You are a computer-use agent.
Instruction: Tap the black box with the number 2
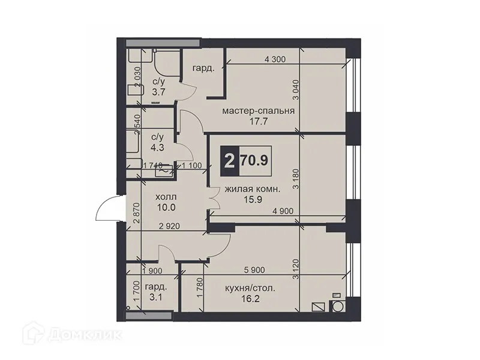click(229, 161)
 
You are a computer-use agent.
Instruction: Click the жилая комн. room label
click(252, 190)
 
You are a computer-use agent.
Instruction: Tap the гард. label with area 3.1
click(157, 287)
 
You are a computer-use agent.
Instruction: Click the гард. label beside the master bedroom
click(203, 69)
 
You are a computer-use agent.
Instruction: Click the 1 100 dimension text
click(191, 166)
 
